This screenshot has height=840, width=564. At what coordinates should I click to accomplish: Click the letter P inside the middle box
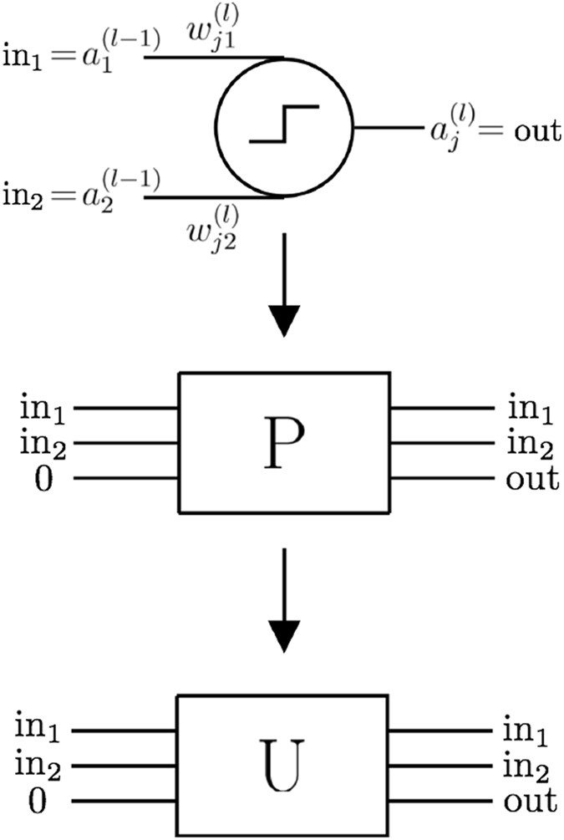pyautogui.click(x=284, y=443)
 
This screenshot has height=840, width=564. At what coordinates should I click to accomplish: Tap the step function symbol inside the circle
pyautogui.click(x=284, y=125)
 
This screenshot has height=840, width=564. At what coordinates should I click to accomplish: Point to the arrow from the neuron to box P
pyautogui.click(x=284, y=284)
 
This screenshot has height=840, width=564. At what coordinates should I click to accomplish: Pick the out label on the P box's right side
pyautogui.click(x=531, y=480)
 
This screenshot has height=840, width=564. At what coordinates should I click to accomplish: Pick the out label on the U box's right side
pyautogui.click(x=529, y=802)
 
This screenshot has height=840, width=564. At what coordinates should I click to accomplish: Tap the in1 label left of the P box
pyautogui.click(x=43, y=410)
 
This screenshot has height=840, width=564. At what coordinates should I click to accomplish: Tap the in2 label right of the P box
pyautogui.click(x=530, y=445)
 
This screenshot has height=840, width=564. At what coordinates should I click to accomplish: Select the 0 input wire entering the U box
pyautogui.click(x=125, y=801)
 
